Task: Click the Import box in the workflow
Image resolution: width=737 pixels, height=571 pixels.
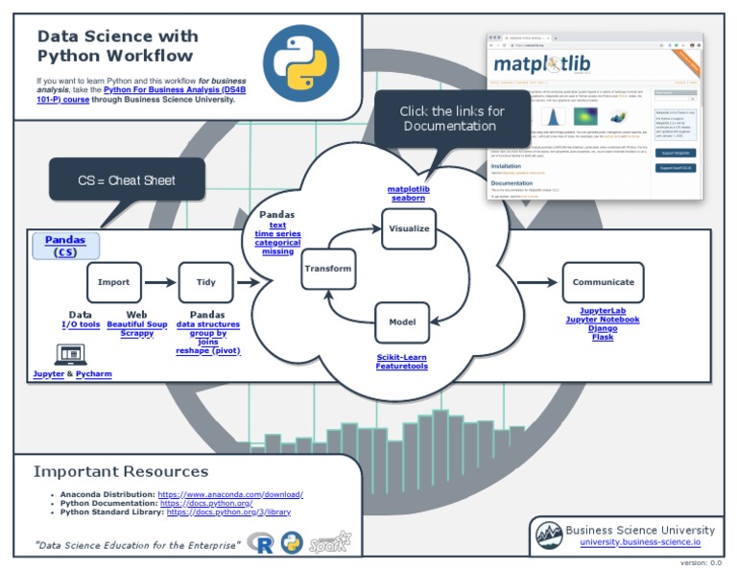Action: tap(113, 282)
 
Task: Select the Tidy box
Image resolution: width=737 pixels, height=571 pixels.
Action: tap(205, 282)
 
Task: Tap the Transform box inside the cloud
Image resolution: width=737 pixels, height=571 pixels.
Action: tap(328, 269)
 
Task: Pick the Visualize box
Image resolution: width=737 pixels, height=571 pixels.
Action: tap(409, 228)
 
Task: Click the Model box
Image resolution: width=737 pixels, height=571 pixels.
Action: tap(402, 322)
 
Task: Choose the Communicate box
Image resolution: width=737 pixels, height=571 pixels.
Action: tap(603, 282)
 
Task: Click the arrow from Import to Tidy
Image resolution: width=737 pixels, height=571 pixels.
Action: tap(159, 282)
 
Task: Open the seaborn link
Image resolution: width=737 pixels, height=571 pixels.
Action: tap(408, 198)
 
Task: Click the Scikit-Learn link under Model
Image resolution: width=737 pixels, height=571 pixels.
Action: tap(402, 357)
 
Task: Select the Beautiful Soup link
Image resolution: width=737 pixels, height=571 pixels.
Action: tap(137, 324)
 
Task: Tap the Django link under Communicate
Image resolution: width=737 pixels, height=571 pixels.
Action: tap(603, 328)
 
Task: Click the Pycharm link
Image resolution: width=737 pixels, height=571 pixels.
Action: tap(94, 373)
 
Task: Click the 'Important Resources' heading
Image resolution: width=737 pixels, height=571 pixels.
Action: tap(121, 471)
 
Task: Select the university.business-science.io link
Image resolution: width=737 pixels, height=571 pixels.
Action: tap(639, 542)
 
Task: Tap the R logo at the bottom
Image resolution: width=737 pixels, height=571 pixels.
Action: tap(260, 543)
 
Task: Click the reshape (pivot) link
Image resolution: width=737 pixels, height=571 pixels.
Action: tap(207, 350)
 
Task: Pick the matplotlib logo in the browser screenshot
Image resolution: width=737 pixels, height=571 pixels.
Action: tap(542, 65)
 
